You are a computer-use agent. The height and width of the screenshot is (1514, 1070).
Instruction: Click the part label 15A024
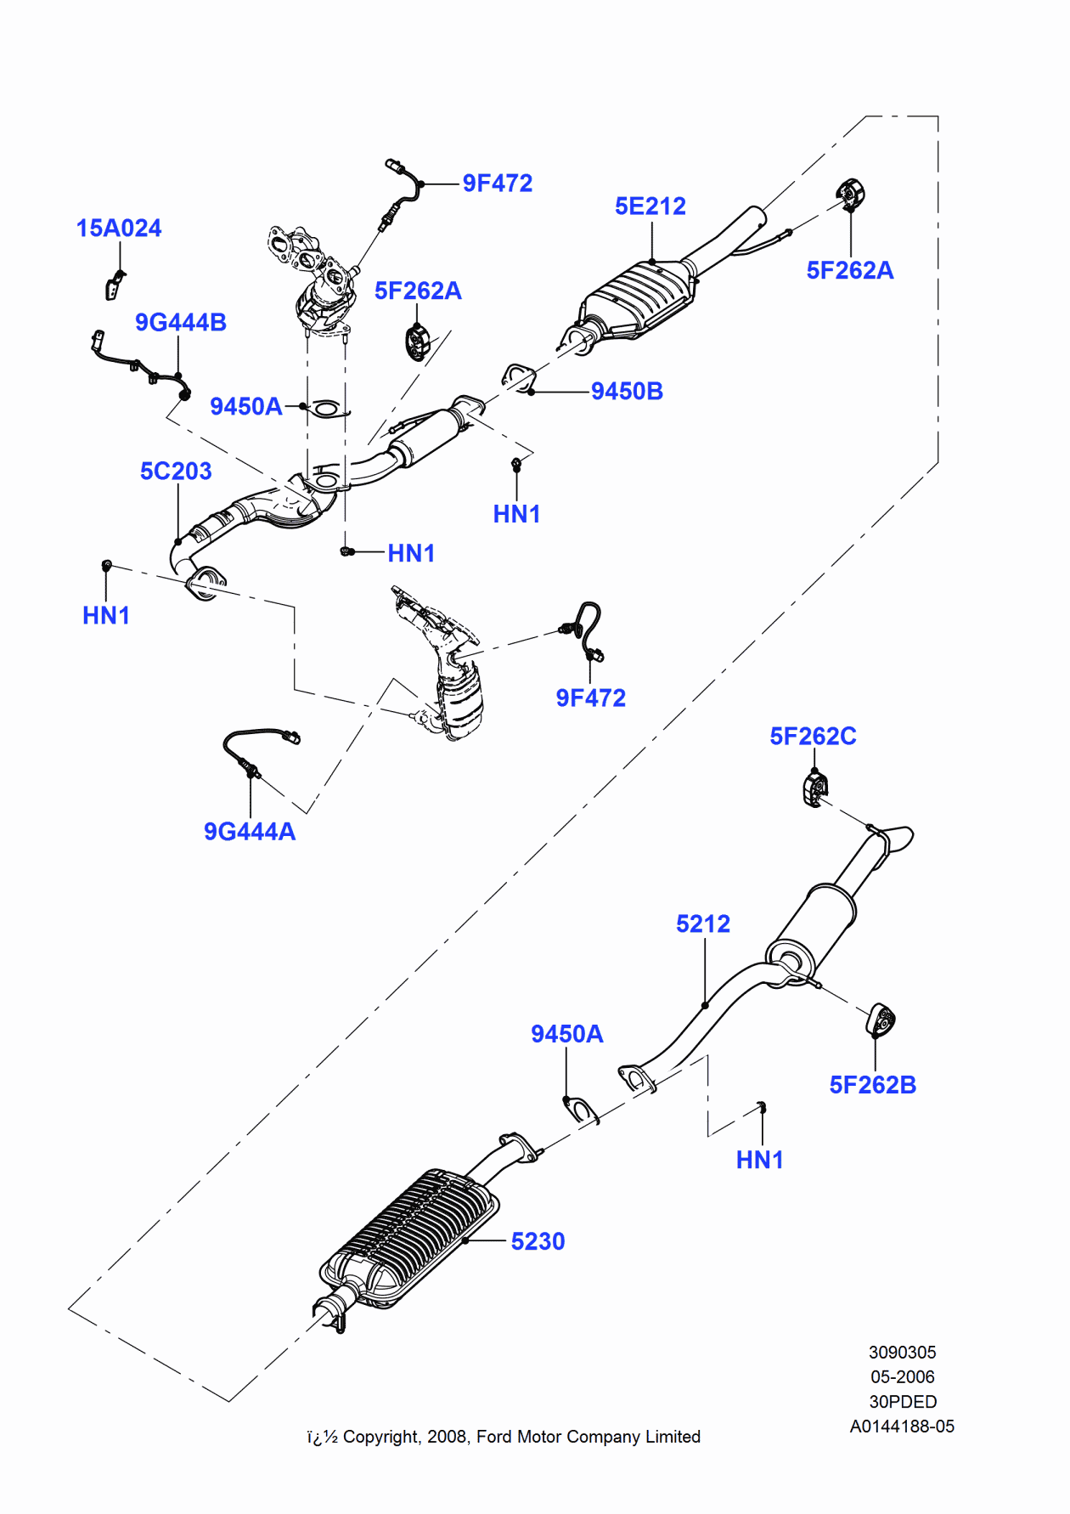click(118, 228)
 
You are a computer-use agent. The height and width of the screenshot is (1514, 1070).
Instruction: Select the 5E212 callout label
click(650, 206)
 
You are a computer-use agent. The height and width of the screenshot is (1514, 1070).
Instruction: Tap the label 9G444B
click(180, 323)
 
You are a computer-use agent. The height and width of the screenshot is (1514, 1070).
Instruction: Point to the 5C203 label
click(176, 471)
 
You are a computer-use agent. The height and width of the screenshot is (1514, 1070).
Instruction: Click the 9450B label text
click(627, 392)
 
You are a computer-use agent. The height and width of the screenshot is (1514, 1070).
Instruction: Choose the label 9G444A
click(250, 831)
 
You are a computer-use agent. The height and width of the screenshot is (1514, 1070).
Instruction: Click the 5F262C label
click(813, 736)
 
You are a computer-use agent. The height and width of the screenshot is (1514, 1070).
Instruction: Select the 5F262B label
click(872, 1085)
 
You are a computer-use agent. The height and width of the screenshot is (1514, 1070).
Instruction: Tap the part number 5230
click(538, 1241)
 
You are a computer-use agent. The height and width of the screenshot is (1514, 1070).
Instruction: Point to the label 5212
click(702, 924)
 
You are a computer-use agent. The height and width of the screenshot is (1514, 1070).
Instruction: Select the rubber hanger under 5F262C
click(814, 788)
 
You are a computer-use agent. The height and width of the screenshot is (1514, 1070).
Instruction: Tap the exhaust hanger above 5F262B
click(881, 1020)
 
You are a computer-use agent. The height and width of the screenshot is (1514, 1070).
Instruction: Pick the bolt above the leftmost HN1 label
click(107, 565)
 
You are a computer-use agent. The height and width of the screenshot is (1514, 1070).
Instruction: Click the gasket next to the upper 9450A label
click(326, 410)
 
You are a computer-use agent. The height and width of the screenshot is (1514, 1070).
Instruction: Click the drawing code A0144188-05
click(902, 1426)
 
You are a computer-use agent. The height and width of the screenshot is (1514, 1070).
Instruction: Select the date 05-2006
click(902, 1376)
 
